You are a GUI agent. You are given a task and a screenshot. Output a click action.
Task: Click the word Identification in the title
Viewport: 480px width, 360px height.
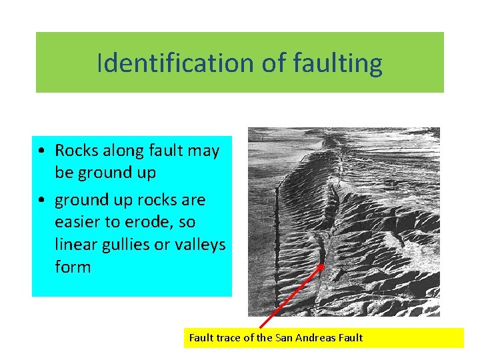pos(174,63)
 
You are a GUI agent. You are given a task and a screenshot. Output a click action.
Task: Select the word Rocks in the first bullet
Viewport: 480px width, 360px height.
pos(75,150)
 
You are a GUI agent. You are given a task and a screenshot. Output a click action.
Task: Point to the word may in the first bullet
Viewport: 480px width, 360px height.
pos(204,150)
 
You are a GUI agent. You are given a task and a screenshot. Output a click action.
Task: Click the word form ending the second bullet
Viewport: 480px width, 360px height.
pos(73,267)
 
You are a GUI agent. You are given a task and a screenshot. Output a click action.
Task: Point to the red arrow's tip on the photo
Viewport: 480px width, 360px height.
pos(323,264)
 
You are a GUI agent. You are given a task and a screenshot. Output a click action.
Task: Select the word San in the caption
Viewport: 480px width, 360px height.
pos(285,337)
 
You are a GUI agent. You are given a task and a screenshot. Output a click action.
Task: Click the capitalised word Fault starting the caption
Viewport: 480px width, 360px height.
pos(201,337)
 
